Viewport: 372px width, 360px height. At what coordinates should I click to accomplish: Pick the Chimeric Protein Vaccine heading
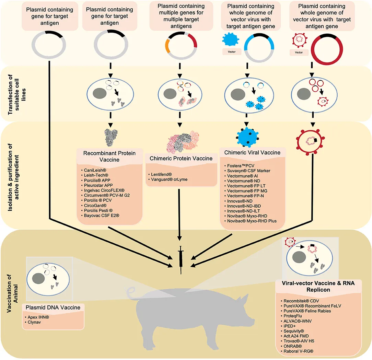point(181,159)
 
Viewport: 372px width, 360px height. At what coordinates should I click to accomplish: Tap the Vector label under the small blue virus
point(231,53)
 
